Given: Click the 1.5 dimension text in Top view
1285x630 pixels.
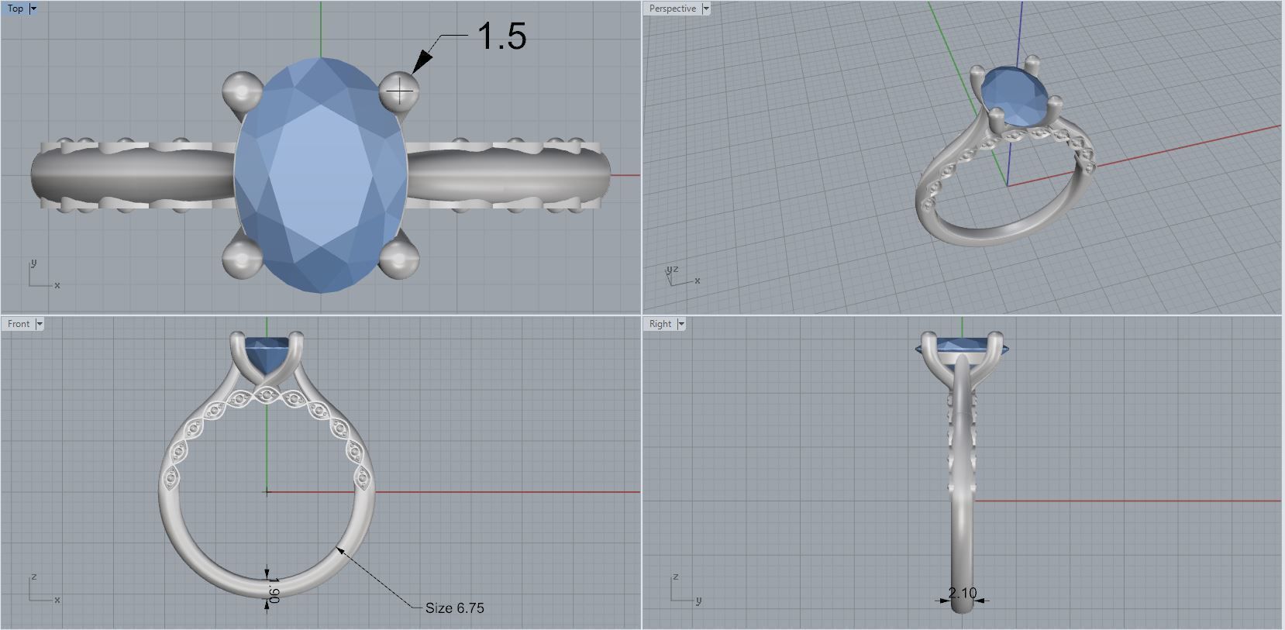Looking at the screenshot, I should [502, 36].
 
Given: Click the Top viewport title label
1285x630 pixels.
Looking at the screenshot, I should [15, 9].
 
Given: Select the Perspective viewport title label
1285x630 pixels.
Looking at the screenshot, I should [672, 9].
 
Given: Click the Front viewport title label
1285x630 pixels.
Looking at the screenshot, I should [19, 324].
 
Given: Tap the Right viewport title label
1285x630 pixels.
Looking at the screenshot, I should [660, 324].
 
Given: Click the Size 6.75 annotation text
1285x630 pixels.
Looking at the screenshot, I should [454, 608].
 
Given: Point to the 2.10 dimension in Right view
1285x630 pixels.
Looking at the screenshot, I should [962, 593].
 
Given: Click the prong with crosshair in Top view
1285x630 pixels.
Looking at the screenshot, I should [399, 93].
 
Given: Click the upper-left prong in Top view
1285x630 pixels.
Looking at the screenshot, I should [242, 91].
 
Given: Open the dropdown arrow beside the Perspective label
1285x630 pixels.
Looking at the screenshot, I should [705, 9].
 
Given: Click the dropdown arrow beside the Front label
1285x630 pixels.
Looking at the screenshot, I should [40, 324].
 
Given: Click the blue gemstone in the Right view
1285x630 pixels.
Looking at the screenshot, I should [961, 346].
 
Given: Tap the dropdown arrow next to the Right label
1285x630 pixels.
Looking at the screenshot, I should [681, 324].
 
